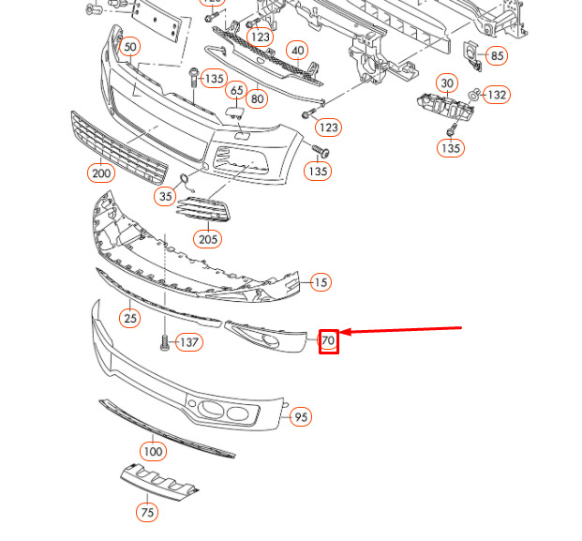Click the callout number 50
tap(129, 47)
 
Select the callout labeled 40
tap(297, 51)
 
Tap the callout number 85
tap(497, 56)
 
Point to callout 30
tap(447, 83)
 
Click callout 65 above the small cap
tap(236, 92)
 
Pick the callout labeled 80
tap(257, 98)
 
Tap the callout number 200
tap(100, 173)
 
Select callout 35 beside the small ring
tap(166, 196)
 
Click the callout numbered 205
tap(208, 239)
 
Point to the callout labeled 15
tap(321, 282)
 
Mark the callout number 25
tap(129, 319)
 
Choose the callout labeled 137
tap(189, 342)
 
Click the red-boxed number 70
tap(328, 340)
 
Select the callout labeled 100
tap(153, 451)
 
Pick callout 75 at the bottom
tap(146, 512)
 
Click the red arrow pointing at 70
tap(403, 330)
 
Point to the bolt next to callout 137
tap(165, 343)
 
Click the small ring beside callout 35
tap(185, 180)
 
